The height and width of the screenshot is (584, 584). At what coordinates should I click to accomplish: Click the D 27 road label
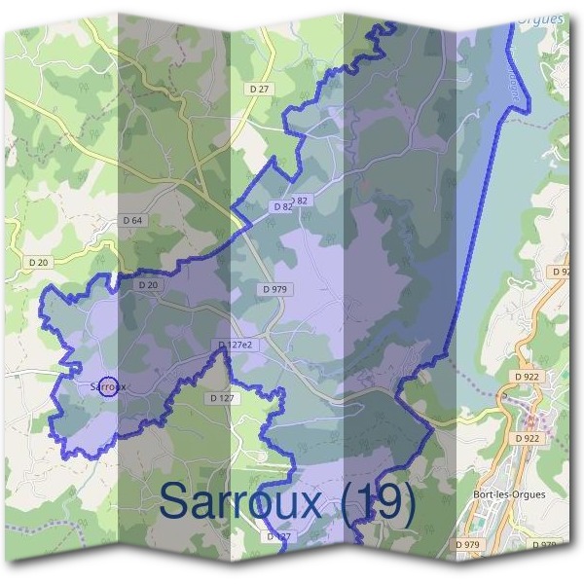tap(259, 89)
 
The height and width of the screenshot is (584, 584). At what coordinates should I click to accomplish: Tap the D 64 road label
tap(132, 221)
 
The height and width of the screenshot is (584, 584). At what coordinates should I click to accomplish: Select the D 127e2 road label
tap(236, 346)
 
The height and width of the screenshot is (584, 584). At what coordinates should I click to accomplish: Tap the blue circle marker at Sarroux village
tap(109, 386)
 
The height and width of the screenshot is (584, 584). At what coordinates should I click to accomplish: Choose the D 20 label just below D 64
tap(148, 285)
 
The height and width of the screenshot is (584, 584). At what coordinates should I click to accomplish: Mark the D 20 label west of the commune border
tap(39, 262)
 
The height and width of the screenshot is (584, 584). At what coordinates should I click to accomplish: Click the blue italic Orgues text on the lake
tap(541, 18)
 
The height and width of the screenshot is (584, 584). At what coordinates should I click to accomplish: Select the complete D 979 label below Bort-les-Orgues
tap(469, 544)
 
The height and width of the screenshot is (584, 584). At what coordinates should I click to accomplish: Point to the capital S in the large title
tap(175, 501)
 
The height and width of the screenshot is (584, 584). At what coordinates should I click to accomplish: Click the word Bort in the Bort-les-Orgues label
tap(484, 493)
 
